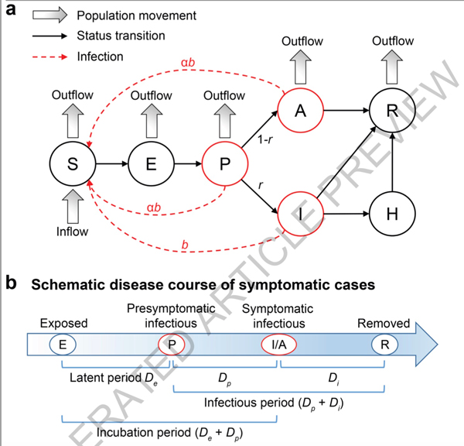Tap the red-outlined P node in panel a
[224, 164]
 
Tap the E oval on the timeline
[62, 343]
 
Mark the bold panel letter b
[11, 283]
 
